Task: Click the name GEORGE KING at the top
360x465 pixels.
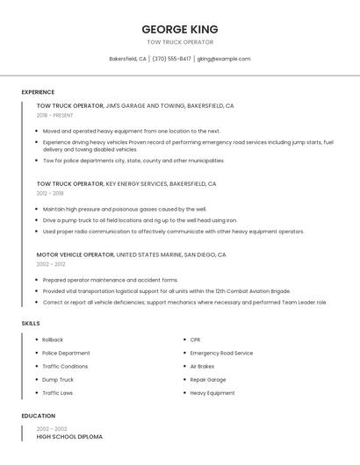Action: [x=179, y=29]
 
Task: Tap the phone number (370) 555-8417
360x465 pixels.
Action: [x=171, y=59]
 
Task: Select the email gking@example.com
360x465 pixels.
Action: [x=224, y=59]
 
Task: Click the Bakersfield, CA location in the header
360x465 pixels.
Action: [x=127, y=59]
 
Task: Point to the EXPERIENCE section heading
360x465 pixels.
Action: [x=38, y=92]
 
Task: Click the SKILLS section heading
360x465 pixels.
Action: [x=31, y=324]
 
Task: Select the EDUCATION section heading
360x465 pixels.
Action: [x=38, y=416]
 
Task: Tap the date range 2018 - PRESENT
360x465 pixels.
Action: [x=55, y=115]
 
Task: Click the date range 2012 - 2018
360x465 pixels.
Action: [x=50, y=193]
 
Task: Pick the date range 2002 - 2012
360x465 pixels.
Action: [x=50, y=263]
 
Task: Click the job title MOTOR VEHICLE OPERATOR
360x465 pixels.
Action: [x=75, y=254]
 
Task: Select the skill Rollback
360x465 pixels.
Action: [x=53, y=340]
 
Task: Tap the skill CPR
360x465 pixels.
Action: [x=195, y=340]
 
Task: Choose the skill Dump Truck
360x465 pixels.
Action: [x=58, y=380]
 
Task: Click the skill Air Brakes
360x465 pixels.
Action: [x=202, y=366]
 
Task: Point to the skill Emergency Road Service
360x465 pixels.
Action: [x=221, y=353]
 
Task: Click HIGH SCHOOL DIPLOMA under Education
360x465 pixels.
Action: [x=69, y=436]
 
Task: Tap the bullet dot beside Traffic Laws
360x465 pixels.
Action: [x=37, y=393]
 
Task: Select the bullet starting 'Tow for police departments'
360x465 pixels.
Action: [x=133, y=161]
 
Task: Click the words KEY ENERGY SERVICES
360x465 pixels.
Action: [x=136, y=184]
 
